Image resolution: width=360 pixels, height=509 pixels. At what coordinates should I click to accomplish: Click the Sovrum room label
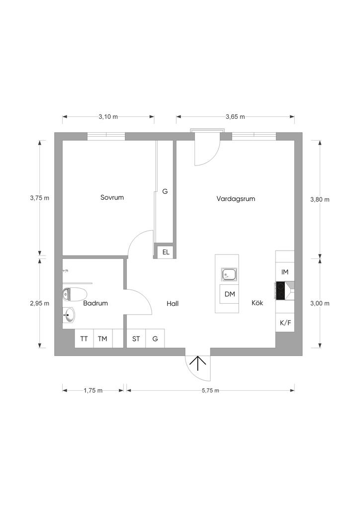coord(112,197)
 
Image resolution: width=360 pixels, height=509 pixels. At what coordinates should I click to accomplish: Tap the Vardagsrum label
coord(236,198)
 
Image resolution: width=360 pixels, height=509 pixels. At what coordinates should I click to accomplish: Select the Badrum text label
coord(95,303)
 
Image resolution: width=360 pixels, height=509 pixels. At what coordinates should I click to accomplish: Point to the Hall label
coord(173,303)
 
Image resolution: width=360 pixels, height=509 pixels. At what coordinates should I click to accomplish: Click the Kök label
coord(257,303)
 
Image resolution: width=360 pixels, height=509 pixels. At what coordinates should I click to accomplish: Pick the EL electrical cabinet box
coord(166,252)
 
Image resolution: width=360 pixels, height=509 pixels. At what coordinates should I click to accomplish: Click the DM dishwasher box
coord(229,294)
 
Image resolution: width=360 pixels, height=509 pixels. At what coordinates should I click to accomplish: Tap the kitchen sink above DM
coord(229,274)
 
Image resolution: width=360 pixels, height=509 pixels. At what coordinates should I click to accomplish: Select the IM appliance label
coord(285,272)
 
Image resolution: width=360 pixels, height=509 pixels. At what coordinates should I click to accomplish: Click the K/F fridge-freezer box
coord(285,323)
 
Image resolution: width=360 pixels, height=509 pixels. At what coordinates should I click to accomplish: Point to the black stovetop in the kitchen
coord(281,291)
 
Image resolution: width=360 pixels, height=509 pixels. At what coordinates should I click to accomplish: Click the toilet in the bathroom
coord(70,294)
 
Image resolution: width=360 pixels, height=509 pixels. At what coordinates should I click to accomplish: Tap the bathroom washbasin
coord(69,314)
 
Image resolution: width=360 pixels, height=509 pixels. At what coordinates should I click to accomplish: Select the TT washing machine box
coord(84,339)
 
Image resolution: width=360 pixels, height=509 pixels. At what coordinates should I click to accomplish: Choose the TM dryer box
coord(102,339)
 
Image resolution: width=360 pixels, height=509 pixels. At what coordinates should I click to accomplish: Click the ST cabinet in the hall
coord(136,339)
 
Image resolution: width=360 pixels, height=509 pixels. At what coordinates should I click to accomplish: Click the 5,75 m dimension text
coord(210,391)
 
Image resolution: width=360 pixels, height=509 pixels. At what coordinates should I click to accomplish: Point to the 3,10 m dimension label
coord(108,117)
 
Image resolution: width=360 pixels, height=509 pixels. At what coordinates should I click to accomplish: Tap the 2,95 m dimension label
coord(40,303)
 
